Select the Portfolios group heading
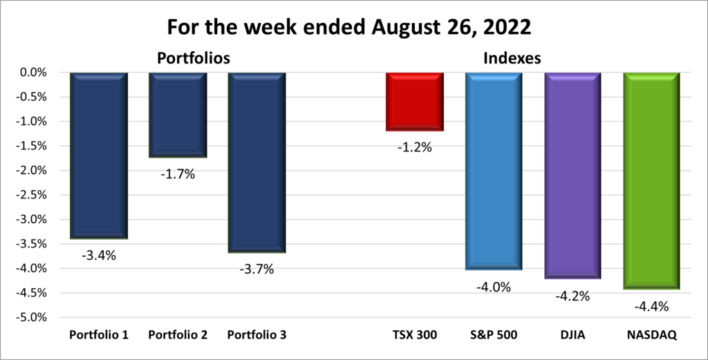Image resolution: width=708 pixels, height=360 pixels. [194, 59]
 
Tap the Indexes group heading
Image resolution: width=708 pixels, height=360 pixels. [512, 59]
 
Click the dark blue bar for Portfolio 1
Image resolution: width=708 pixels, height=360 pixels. [98, 155]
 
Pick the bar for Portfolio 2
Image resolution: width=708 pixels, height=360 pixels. [178, 115]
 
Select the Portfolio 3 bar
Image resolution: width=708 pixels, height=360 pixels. [257, 162]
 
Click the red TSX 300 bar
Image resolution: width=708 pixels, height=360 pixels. [415, 102]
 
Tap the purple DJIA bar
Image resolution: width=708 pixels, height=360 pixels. [572, 176]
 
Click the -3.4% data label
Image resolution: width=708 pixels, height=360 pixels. [99, 256]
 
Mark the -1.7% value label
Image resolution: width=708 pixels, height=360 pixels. [178, 174]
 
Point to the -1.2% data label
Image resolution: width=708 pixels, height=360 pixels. [415, 146]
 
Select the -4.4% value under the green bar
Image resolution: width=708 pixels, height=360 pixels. [652, 307]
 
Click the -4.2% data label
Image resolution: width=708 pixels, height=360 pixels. [572, 296]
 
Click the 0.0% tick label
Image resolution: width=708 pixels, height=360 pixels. [32, 73]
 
